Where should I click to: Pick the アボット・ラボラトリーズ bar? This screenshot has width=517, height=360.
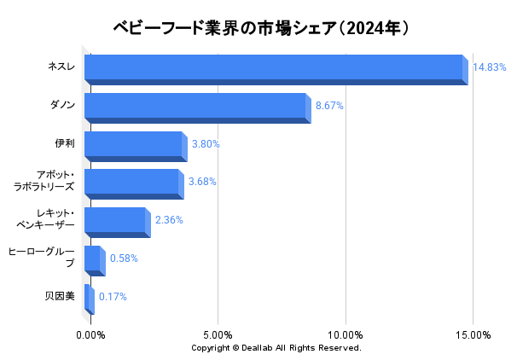pyautogui.click(x=132, y=183)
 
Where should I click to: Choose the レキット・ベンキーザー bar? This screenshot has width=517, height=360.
pyautogui.click(x=116, y=222)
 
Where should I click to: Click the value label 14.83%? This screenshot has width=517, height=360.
pyautogui.click(x=489, y=67)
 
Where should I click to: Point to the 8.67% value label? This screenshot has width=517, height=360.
pyautogui.click(x=329, y=106)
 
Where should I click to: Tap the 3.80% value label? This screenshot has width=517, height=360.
pyautogui.click(x=206, y=144)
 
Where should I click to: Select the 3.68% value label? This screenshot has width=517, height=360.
pyautogui.click(x=202, y=182)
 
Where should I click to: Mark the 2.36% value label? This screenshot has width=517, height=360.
pyautogui.click(x=169, y=220)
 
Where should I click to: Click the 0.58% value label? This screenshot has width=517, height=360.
pyautogui.click(x=124, y=258)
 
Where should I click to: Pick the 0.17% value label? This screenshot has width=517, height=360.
pyautogui.click(x=113, y=297)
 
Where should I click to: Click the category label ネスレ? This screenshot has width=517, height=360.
pyautogui.click(x=61, y=67)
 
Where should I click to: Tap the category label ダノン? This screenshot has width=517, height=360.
pyautogui.click(x=62, y=106)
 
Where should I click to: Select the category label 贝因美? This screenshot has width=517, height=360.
pyautogui.click(x=60, y=297)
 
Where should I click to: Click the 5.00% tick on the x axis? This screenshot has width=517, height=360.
pyautogui.click(x=218, y=335)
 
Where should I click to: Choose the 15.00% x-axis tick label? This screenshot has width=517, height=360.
pyautogui.click(x=473, y=335)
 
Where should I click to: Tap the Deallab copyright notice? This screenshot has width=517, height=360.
pyautogui.click(x=276, y=348)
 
